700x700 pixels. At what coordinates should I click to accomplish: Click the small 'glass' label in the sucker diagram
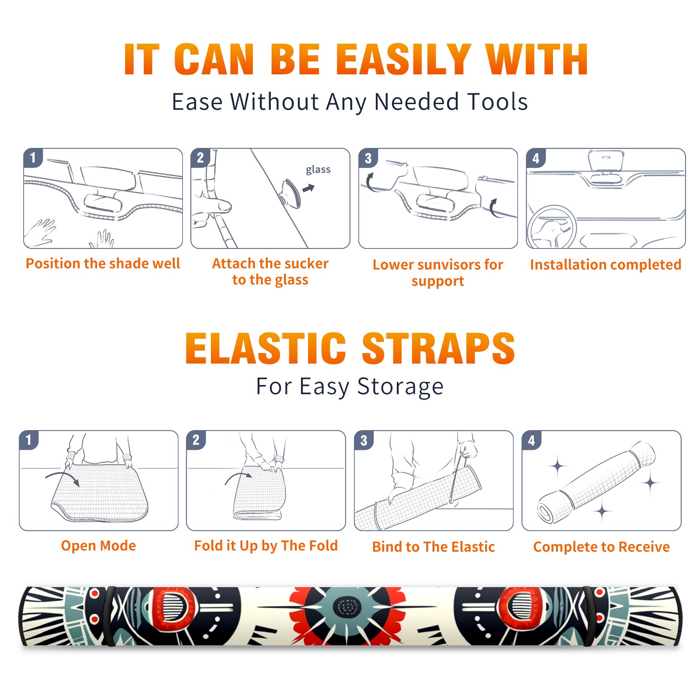(318, 169)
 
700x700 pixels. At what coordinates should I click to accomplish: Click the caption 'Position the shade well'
(103, 263)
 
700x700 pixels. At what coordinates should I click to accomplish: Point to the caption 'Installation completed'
(605, 265)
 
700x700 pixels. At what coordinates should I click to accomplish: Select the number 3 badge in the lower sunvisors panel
(368, 158)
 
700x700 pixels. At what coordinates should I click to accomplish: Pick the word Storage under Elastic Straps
(400, 387)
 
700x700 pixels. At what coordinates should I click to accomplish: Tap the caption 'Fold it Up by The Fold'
(266, 546)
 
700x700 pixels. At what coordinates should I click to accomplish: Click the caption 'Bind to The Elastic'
(434, 547)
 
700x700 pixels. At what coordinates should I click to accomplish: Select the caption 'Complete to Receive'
(602, 547)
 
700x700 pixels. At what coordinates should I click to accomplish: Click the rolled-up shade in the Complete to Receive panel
(596, 482)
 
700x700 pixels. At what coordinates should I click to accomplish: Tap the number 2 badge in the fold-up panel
(196, 440)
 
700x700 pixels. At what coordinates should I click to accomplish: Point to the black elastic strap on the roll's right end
(591, 616)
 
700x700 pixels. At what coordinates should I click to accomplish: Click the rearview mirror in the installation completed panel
(606, 161)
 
